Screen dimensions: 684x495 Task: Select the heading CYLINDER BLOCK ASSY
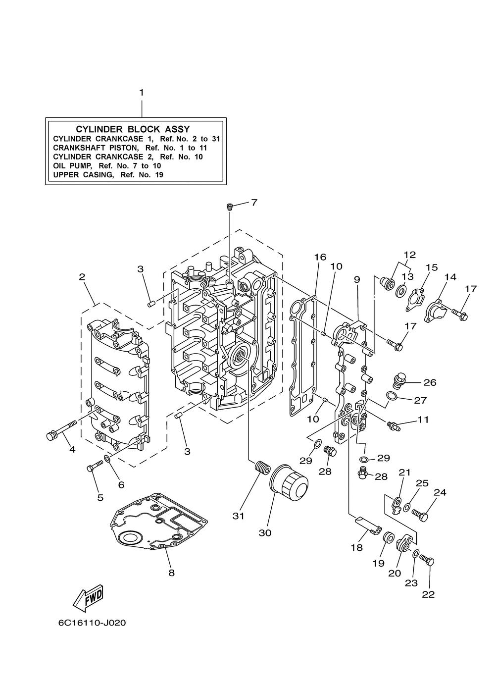click(133, 129)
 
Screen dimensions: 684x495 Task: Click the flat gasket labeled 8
click(157, 523)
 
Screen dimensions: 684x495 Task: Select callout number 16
click(320, 257)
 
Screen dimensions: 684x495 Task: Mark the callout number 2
click(82, 277)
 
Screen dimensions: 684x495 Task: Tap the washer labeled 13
click(401, 288)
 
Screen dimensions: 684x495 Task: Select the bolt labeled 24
click(421, 516)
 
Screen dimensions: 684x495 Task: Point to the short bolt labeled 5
click(95, 466)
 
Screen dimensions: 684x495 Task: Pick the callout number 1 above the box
click(141, 93)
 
